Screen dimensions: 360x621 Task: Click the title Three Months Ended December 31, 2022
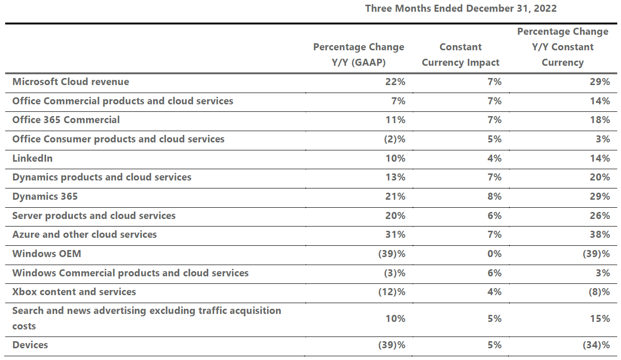[461, 8]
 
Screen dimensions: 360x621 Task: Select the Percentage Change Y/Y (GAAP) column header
[359, 55]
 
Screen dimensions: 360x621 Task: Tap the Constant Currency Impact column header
[461, 55]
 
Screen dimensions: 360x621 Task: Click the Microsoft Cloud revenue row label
[71, 82]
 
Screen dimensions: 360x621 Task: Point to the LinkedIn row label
[32, 158]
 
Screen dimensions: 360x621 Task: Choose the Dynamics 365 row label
[45, 196]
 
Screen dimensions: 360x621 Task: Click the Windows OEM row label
[47, 254]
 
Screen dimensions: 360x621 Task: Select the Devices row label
[30, 345]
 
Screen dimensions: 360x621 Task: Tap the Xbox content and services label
[74, 292]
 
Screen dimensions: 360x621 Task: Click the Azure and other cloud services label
[85, 235]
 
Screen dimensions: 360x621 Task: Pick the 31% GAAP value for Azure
[395, 235]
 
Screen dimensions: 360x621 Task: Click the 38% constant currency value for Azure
[600, 235]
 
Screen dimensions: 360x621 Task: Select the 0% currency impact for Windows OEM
[495, 254]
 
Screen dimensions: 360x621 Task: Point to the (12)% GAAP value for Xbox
[392, 292]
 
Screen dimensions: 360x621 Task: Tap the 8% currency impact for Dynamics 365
[495, 196]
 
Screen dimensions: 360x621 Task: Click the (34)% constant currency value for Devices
[597, 345]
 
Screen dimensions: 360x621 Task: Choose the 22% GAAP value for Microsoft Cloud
[395, 82]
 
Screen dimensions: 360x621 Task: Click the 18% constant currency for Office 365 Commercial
[600, 120]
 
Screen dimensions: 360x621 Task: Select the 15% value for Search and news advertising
[600, 319]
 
